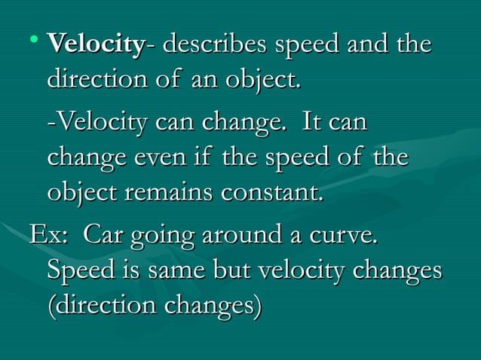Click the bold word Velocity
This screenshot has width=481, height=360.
pos(94,44)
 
